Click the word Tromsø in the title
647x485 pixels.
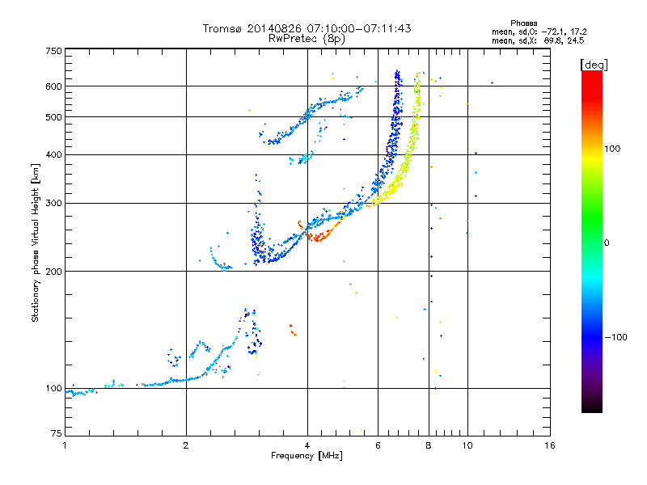point(223,28)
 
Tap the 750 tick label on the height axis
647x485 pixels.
point(53,51)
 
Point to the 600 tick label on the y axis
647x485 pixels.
point(53,86)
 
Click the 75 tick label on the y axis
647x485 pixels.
point(57,433)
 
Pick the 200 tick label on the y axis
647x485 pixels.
point(53,272)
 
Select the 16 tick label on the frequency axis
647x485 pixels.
point(550,445)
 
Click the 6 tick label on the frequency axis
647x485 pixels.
point(378,445)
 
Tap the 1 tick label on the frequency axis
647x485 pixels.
point(65,445)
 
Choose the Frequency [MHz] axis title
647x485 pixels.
point(307,456)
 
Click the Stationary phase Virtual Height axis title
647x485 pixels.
point(35,243)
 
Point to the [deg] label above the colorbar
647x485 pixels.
point(594,65)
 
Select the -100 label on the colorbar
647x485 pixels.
point(616,337)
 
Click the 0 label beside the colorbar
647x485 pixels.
point(607,243)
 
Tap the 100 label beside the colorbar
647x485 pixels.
point(612,149)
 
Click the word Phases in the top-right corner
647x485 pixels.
point(523,23)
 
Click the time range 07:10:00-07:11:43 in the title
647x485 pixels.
point(359,28)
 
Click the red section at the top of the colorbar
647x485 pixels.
point(592,82)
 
